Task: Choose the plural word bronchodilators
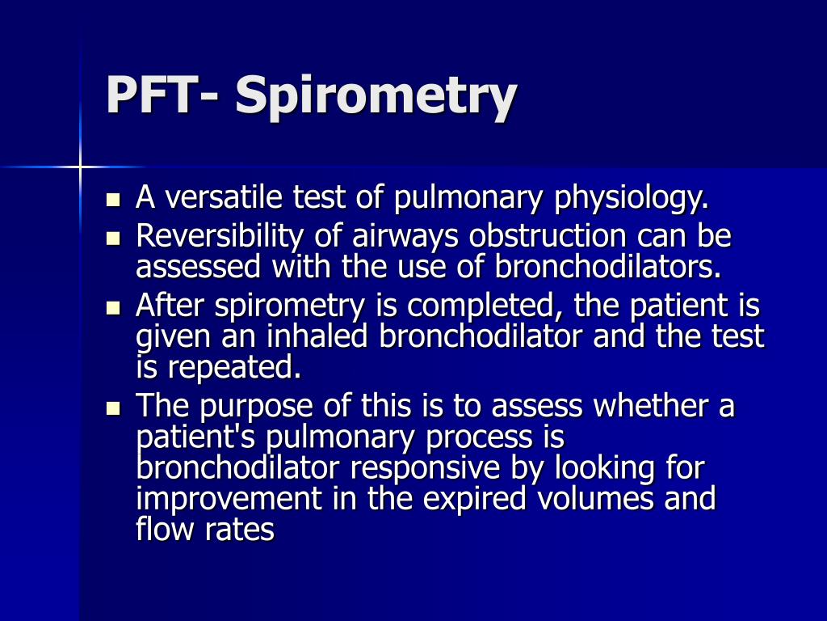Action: click(x=607, y=266)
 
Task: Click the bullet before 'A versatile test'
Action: click(x=113, y=198)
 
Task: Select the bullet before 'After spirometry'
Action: click(x=113, y=308)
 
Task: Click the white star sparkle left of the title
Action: click(x=80, y=167)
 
